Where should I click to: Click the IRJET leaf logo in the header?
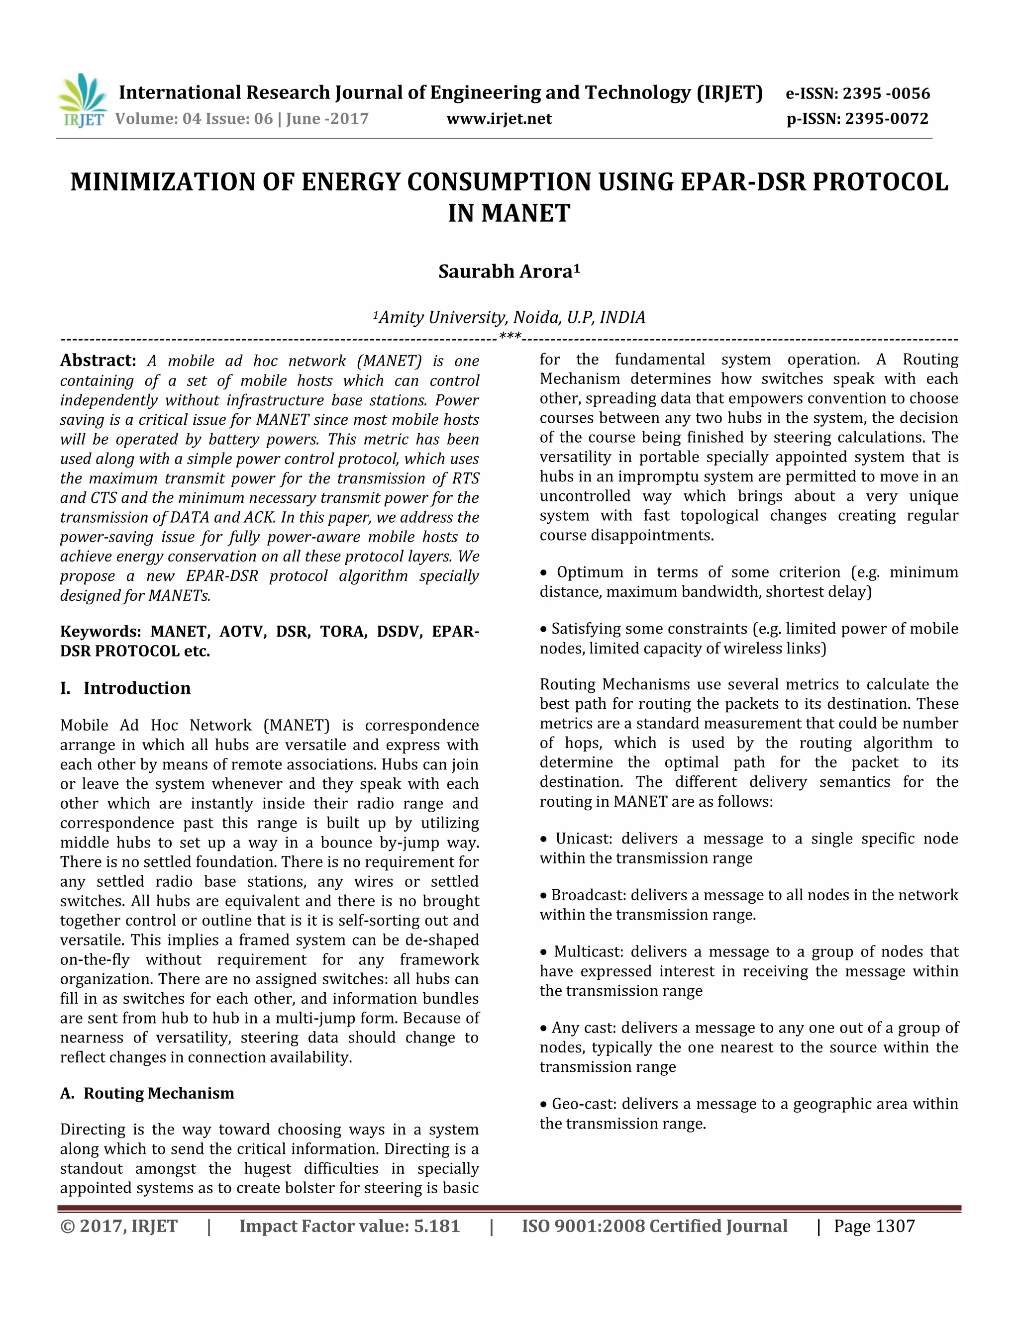pyautogui.click(x=83, y=100)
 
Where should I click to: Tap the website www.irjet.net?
pyautogui.click(x=499, y=118)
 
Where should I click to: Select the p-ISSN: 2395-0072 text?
pyautogui.click(x=857, y=118)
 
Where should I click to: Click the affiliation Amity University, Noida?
pyautogui.click(x=509, y=317)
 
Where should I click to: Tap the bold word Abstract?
pyautogui.click(x=98, y=360)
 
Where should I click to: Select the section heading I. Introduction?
pyautogui.click(x=125, y=688)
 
